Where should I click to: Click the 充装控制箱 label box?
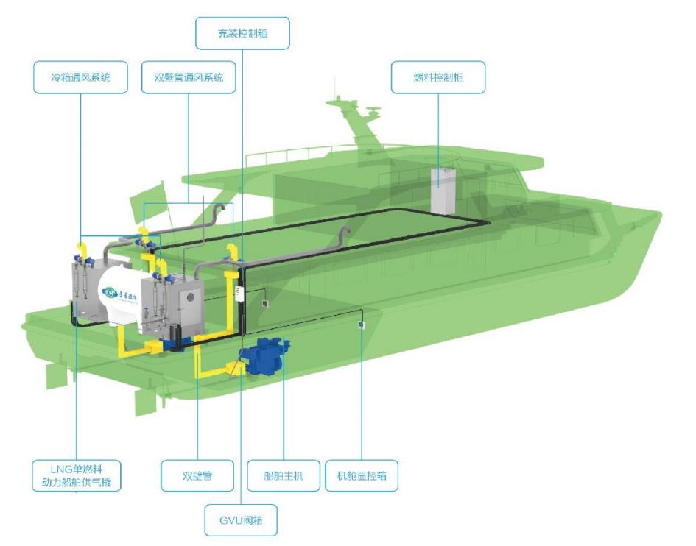[x=242, y=32]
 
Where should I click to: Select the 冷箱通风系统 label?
[x=78, y=77]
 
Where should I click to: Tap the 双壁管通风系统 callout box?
[x=188, y=77]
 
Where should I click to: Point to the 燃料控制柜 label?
[x=437, y=77]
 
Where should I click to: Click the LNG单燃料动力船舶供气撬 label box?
[x=77, y=475]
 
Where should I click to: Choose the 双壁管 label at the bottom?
[x=197, y=475]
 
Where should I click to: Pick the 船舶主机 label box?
[x=284, y=475]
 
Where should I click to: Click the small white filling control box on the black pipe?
[x=238, y=292]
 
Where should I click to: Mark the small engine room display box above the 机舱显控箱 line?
[x=361, y=325]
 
